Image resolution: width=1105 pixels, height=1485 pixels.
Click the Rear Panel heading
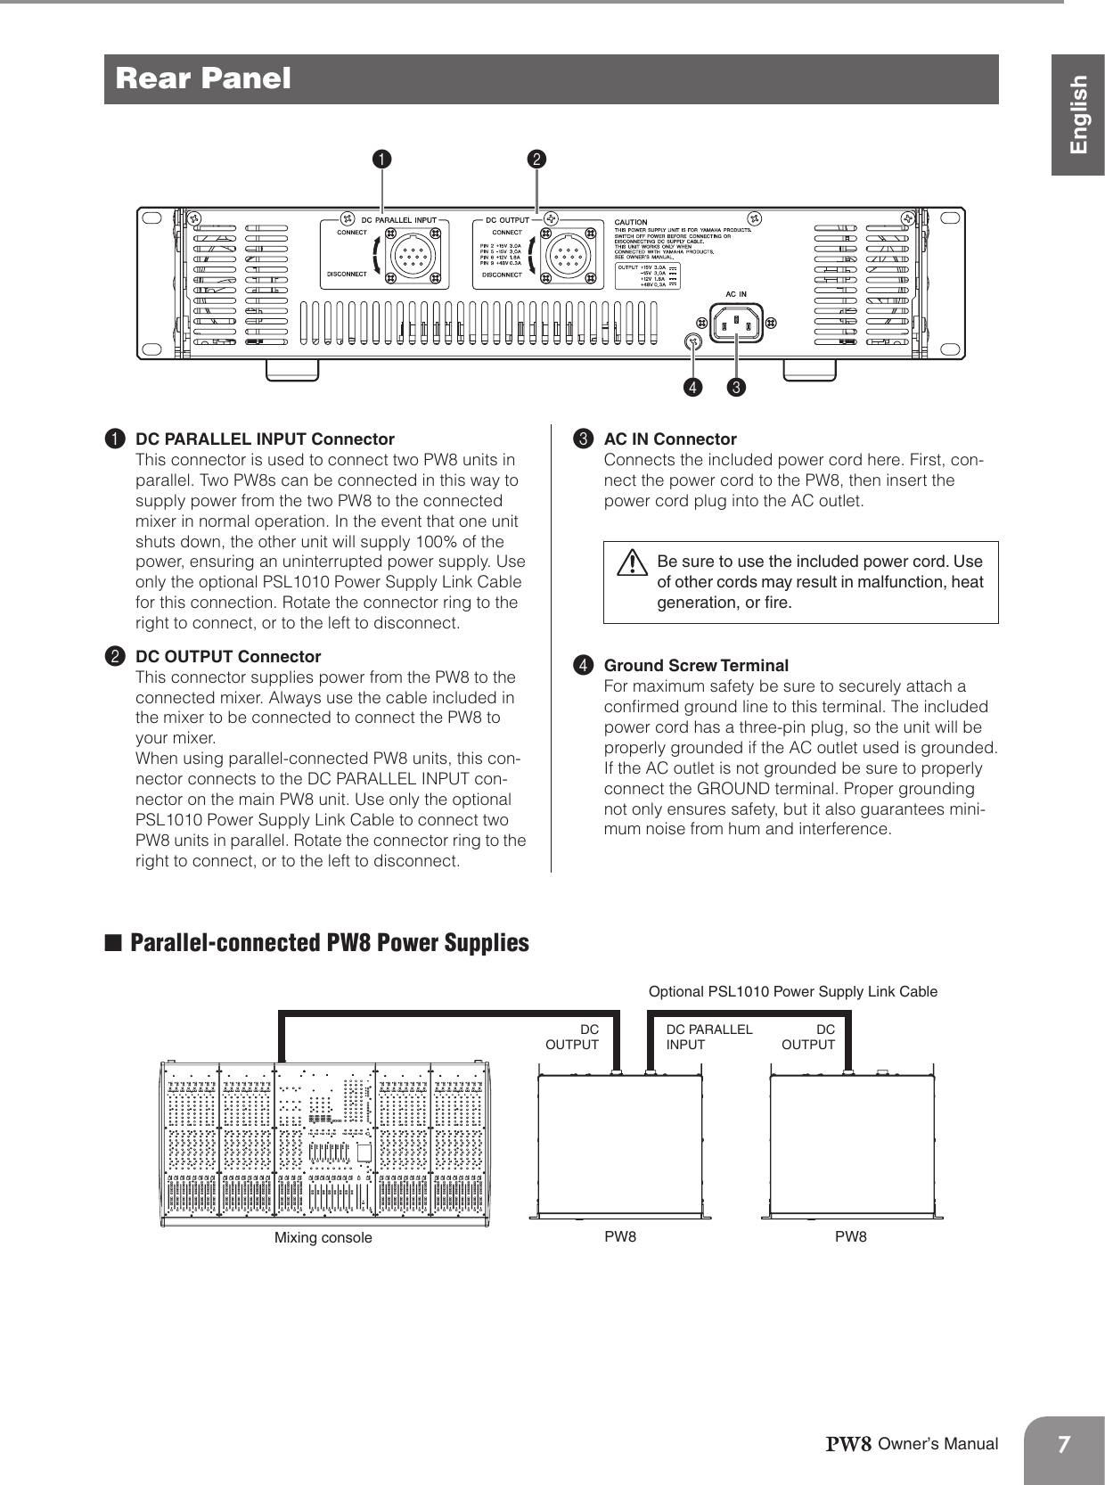(203, 78)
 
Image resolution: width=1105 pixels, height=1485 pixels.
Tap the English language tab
(1079, 114)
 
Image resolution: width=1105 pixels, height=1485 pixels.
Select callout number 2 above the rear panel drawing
(537, 160)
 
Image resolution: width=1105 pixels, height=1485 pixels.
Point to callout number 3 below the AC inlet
(737, 388)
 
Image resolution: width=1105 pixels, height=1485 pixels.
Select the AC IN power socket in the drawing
(736, 323)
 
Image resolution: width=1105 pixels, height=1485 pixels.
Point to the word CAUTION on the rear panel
(632, 222)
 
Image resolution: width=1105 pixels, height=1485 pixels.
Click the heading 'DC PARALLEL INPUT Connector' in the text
(264, 439)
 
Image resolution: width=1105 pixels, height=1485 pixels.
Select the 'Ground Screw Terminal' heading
(696, 666)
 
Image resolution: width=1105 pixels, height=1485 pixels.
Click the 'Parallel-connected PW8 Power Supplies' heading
(329, 943)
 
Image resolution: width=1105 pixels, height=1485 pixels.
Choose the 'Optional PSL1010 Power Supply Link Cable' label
(792, 991)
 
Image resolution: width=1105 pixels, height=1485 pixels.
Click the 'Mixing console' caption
(323, 1237)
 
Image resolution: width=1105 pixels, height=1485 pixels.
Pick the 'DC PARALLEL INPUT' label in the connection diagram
(708, 1036)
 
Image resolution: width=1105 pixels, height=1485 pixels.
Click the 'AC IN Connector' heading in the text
(670, 439)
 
